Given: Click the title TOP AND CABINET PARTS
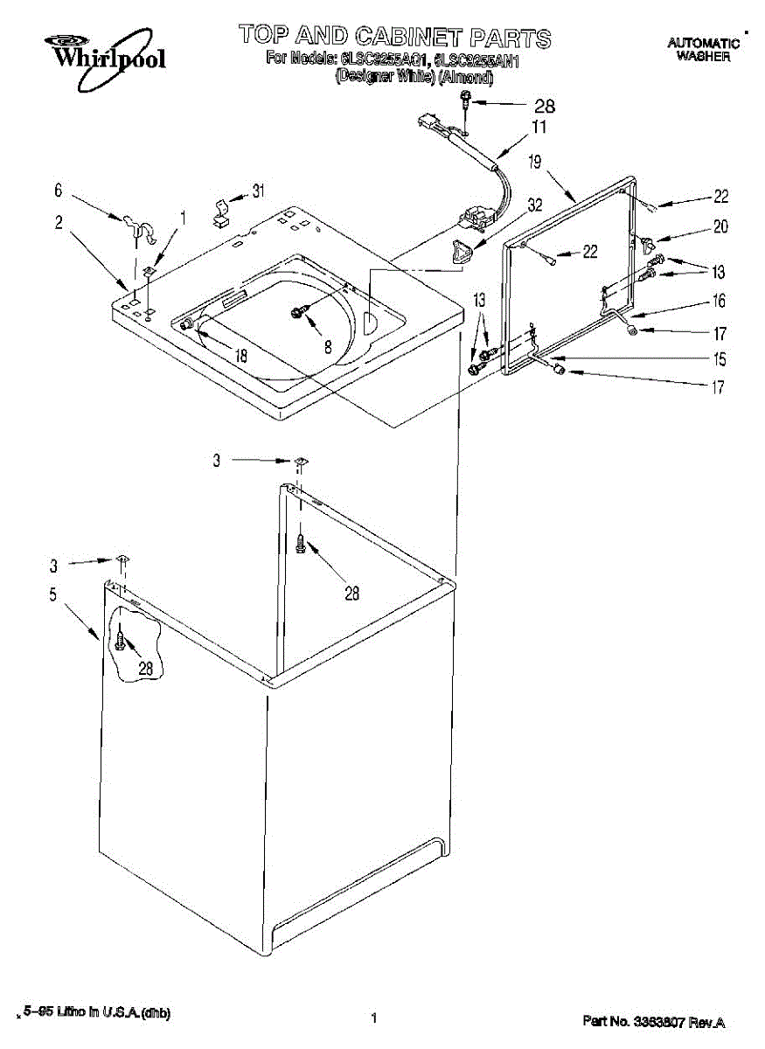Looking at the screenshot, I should tap(395, 37).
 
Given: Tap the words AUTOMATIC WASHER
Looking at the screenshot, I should tap(703, 49).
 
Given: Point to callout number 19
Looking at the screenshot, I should tap(535, 161).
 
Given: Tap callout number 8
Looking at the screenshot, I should tap(328, 346).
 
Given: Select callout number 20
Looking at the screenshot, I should tap(720, 226).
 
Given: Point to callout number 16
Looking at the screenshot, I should tap(719, 301).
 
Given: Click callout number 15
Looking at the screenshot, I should tap(719, 358).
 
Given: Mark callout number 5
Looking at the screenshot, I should tap(52, 595).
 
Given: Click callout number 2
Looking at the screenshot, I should tap(59, 223).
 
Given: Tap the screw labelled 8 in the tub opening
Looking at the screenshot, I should tap(298, 313).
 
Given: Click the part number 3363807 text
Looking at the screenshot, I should tap(654, 1021).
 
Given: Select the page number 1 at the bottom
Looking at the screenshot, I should tap(373, 1018).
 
